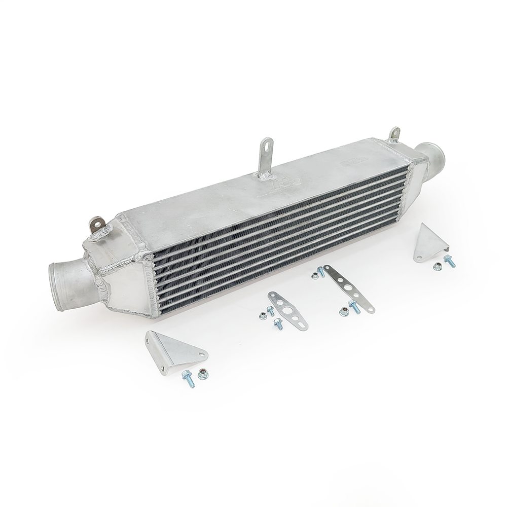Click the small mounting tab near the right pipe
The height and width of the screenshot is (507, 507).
click(x=393, y=134)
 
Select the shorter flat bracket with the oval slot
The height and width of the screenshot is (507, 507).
click(x=287, y=310)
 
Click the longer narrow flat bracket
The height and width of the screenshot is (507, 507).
click(x=349, y=288)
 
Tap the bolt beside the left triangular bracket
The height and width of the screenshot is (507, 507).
click(x=188, y=378)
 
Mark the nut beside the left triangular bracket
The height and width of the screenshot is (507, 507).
click(x=203, y=374)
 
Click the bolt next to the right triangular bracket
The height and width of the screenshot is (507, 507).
click(x=449, y=262)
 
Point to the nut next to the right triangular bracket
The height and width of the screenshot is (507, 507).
click(x=437, y=266)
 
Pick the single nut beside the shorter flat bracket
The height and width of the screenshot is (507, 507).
click(x=263, y=316)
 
